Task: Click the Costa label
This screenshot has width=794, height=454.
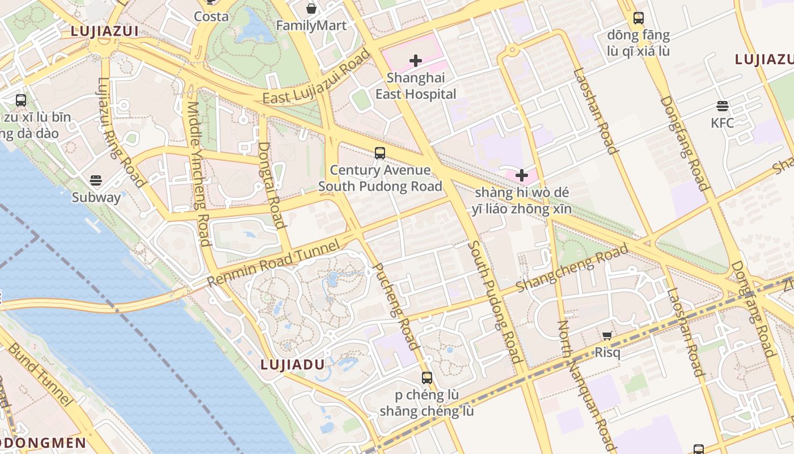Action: (x=211, y=16)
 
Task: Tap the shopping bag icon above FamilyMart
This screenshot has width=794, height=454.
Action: (x=311, y=9)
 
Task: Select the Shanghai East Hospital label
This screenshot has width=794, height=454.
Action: (x=416, y=86)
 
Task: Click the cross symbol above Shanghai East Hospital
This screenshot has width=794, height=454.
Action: (x=416, y=60)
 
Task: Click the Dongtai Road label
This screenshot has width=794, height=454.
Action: (x=271, y=185)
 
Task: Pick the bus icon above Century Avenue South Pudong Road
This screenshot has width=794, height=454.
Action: (x=380, y=153)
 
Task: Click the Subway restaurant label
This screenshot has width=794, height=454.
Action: (x=96, y=197)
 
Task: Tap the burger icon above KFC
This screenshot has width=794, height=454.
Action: (x=722, y=106)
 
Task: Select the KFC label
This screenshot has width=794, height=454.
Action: (x=722, y=123)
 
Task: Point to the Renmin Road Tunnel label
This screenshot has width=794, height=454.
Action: (x=273, y=262)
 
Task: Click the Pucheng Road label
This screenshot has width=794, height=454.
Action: (x=396, y=306)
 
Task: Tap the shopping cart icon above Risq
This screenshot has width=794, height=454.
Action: (x=607, y=335)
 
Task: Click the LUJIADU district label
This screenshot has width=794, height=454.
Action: (x=292, y=365)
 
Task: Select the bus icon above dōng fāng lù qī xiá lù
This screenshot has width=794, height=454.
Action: (x=639, y=18)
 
